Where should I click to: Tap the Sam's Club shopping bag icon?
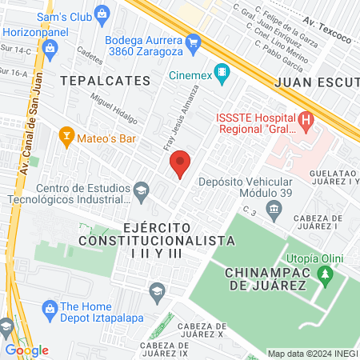click(x=102, y=14)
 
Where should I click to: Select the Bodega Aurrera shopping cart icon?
click(x=193, y=42)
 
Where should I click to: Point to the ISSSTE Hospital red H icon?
click(x=305, y=122)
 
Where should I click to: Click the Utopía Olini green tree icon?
click(x=325, y=275)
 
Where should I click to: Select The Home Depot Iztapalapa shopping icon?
click(x=50, y=308)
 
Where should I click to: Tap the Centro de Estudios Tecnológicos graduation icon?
click(x=141, y=189)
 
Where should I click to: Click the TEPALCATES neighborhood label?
click(x=104, y=81)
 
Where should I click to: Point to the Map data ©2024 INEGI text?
click(x=311, y=354)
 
